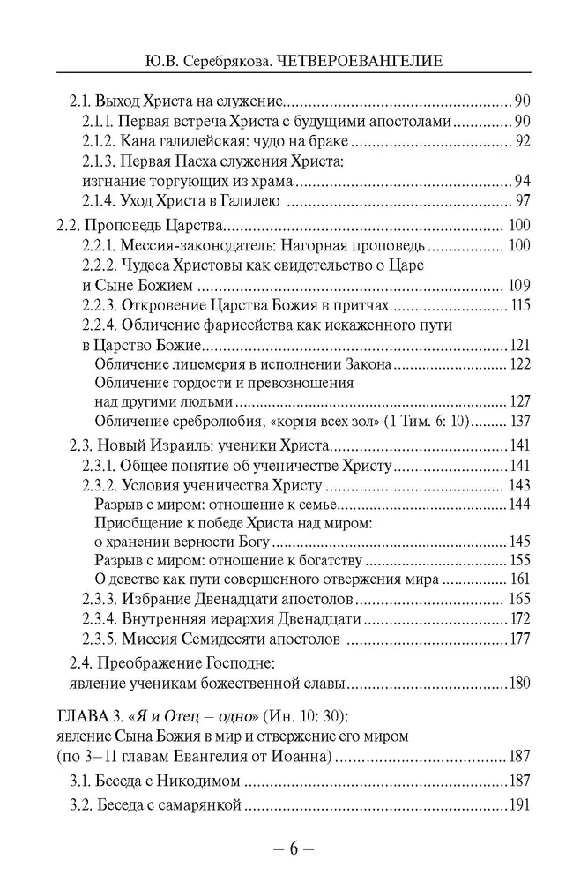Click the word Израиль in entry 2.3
pyautogui.click(x=181, y=445)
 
